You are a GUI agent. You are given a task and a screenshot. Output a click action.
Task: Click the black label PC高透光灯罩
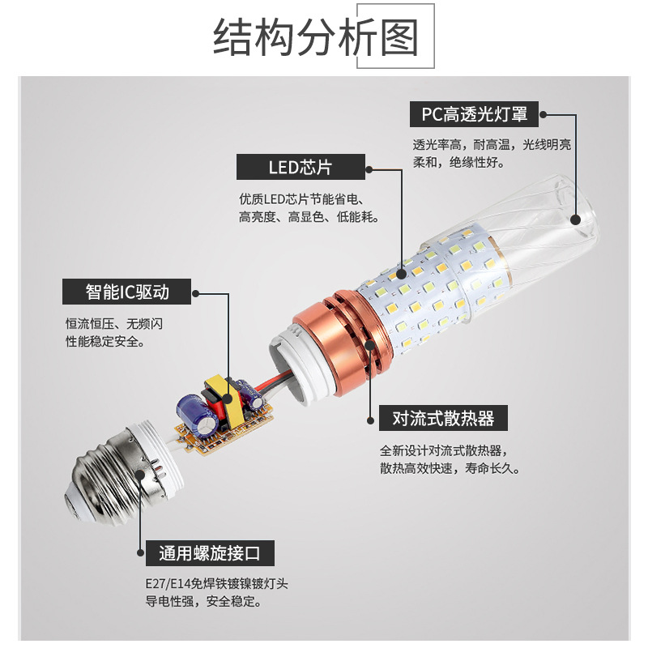[474, 114]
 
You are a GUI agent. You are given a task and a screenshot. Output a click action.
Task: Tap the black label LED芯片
[300, 168]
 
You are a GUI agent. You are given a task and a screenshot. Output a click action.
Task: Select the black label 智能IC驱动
[127, 291]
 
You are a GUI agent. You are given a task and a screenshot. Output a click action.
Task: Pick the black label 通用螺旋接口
[210, 554]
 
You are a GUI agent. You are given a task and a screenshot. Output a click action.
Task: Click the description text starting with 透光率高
[492, 153]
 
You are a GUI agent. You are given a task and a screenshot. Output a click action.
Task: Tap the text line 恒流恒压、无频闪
[114, 323]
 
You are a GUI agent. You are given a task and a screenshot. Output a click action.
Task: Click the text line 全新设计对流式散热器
[446, 451]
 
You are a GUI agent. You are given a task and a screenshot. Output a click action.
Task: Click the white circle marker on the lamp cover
[576, 218]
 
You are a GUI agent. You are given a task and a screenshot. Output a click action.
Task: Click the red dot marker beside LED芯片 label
[369, 169]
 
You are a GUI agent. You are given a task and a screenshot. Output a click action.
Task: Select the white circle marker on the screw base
[141, 473]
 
